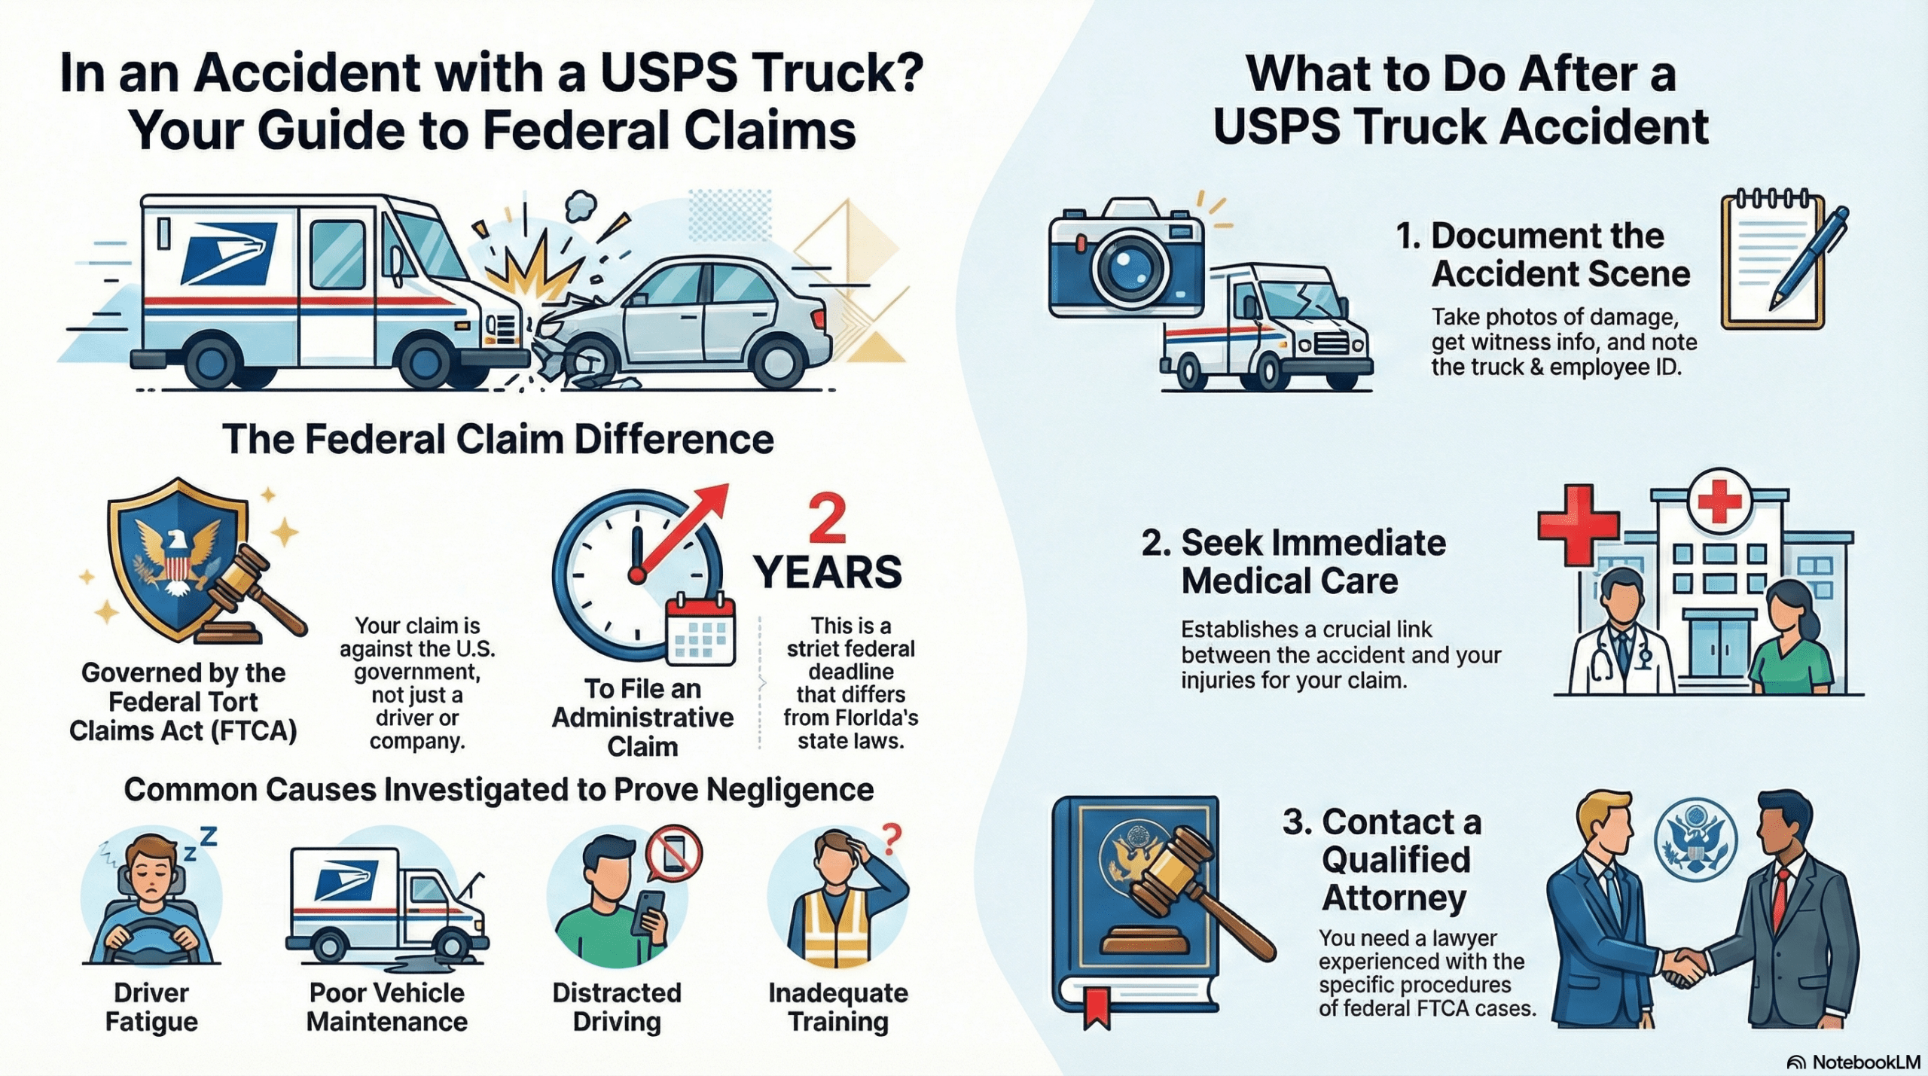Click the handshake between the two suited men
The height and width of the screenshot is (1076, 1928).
[1682, 967]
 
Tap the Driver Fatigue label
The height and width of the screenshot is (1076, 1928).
[151, 1007]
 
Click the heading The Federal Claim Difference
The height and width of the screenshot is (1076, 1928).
[498, 439]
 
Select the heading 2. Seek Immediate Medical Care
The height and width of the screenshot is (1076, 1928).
[1292, 562]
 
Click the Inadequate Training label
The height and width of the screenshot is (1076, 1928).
[837, 1007]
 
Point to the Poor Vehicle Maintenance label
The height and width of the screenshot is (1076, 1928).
[386, 1007]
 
